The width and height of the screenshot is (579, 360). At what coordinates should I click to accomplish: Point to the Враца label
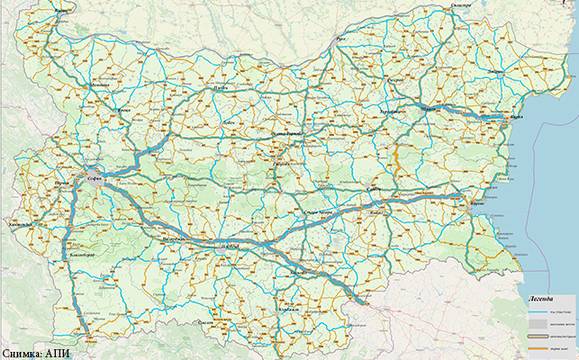(x=124, y=110)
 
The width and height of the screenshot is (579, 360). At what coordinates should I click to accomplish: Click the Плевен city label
(x=222, y=88)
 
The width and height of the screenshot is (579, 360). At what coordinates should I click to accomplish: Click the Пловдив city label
(x=232, y=244)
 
